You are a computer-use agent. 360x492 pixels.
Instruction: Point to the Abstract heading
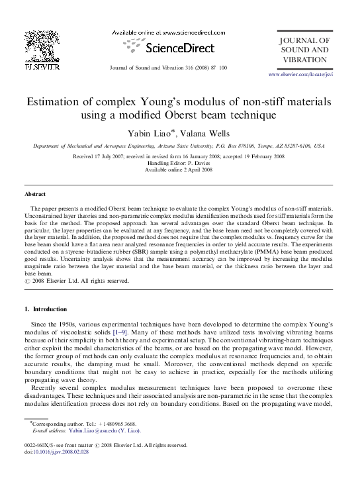(x=35, y=195)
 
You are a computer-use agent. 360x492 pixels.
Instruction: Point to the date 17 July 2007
(x=117, y=156)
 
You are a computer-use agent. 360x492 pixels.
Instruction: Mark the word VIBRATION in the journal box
(x=304, y=60)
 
